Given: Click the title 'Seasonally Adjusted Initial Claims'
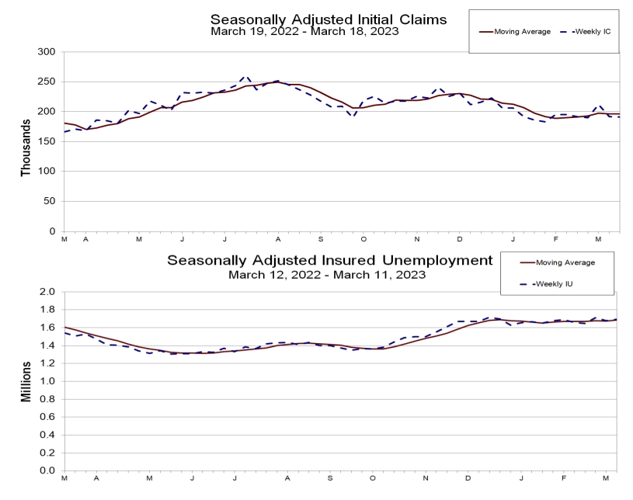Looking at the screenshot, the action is (329, 19).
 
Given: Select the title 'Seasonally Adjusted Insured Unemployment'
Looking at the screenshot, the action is (330, 260).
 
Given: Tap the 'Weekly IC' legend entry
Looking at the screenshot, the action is (593, 32).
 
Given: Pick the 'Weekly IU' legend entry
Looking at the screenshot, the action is (555, 284).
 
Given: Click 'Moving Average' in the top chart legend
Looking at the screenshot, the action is (523, 32).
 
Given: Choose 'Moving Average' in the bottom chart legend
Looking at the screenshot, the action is (565, 262).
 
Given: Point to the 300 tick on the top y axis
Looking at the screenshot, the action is (47, 52).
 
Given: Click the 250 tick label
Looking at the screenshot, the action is (47, 82).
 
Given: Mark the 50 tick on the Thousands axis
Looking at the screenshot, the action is (49, 201).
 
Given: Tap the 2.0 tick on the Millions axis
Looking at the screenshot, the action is (47, 291).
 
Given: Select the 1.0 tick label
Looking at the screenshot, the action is (47, 381).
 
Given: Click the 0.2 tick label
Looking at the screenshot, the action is (47, 453).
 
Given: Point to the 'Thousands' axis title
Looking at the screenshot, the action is (26, 148).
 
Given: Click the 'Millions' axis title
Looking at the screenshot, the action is (26, 382).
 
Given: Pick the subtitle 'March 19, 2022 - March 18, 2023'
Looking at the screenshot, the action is (304, 32).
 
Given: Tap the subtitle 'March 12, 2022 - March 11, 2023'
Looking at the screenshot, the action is (327, 275).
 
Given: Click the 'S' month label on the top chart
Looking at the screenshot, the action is (321, 239).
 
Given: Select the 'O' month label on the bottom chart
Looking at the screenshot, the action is (373, 478).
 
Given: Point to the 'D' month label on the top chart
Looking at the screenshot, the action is (459, 239).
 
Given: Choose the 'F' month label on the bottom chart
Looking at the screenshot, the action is (564, 478).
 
